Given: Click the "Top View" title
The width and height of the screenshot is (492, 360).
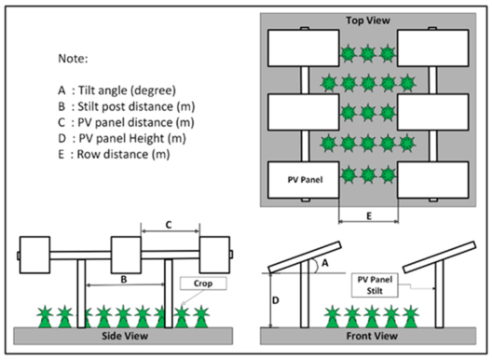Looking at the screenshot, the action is click(368, 21).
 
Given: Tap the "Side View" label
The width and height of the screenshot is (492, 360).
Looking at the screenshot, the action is click(125, 336).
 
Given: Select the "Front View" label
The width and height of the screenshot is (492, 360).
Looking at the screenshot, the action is click(372, 336).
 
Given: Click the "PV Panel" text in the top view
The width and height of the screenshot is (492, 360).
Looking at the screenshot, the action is click(305, 180).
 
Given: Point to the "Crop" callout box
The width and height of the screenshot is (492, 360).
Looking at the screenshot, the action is click(203, 284).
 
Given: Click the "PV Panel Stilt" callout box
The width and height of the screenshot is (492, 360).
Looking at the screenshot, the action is click(375, 285).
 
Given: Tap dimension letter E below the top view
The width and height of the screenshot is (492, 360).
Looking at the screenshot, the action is click(369, 216).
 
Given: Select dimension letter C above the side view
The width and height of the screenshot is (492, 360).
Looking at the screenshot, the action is click(169, 225).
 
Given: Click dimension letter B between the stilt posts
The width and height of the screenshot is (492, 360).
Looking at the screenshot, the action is click(124, 279).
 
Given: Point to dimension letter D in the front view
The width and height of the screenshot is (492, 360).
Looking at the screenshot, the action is click(275, 300).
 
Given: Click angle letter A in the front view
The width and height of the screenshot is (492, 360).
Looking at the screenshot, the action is click(325, 263).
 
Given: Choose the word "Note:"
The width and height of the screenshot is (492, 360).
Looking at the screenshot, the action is click(73, 59).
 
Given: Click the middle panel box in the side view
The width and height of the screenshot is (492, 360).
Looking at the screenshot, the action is click(126, 256).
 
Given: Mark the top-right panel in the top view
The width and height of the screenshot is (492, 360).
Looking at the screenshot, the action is click(433, 48).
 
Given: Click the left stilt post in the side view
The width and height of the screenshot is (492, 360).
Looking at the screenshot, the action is click(82, 294).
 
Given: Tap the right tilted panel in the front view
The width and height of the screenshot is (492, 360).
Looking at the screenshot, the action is click(439, 257).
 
